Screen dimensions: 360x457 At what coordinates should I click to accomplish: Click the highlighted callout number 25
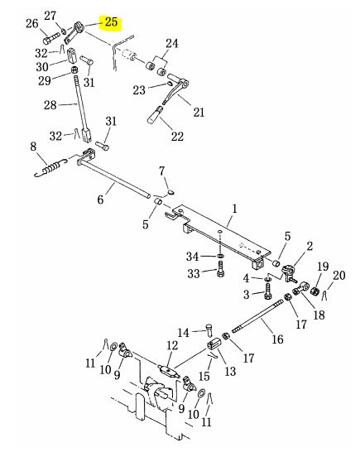111,22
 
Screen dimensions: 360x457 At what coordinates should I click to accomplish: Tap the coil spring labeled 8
51,167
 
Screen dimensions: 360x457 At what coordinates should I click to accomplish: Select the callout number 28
50,105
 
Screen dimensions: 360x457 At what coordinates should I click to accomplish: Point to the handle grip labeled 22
155,115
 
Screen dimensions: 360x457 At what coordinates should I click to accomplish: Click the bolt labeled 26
51,38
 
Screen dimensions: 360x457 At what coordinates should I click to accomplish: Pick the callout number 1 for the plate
234,209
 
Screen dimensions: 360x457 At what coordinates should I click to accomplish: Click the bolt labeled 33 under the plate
221,269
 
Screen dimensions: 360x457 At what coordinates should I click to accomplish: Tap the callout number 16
277,339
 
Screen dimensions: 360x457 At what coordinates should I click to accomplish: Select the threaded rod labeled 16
257,316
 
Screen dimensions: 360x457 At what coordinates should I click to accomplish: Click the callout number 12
172,346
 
